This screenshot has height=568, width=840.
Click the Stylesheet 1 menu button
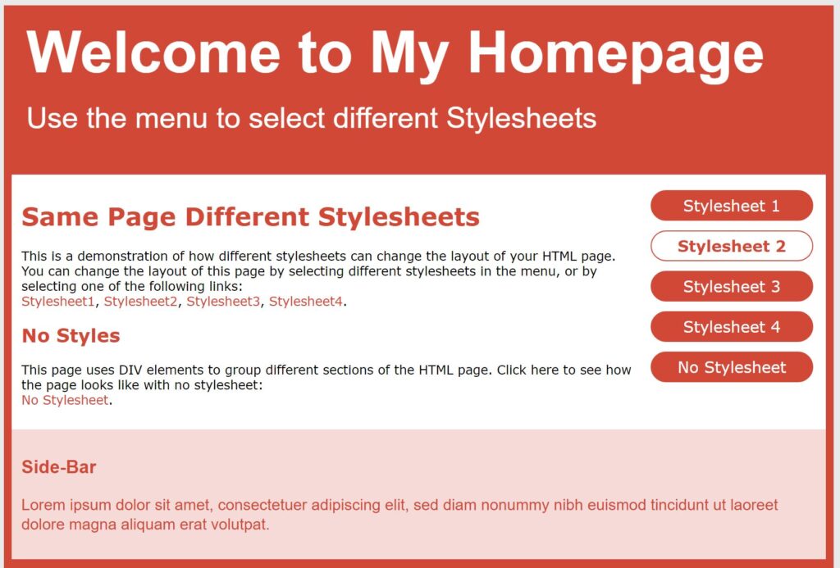point(731,206)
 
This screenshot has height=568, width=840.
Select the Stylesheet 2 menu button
point(731,246)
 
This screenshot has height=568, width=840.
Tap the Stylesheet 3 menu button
point(731,286)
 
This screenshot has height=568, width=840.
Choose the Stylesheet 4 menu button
point(731,326)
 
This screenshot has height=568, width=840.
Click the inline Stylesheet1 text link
point(58,302)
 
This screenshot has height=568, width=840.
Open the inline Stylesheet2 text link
point(140,302)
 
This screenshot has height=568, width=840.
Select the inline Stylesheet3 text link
point(223,302)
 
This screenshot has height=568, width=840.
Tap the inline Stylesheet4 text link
point(305,302)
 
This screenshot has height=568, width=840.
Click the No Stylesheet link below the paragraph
point(65,400)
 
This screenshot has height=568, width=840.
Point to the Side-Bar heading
point(59,467)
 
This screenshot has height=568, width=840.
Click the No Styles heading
point(71,336)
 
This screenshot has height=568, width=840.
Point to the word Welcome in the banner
point(153,52)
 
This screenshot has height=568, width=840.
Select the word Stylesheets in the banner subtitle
point(521,118)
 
